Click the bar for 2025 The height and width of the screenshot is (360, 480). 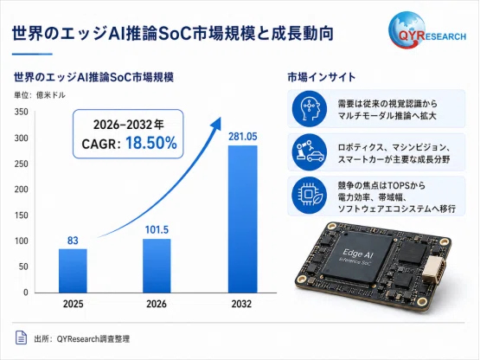(73, 271)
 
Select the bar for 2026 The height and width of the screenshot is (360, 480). (157, 266)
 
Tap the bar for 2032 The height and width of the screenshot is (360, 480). (243, 219)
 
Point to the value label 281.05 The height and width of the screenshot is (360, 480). (243, 137)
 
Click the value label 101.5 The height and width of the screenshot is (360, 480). (157, 230)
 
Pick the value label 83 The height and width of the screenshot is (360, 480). (73, 241)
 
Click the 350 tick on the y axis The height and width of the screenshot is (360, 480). (21, 112)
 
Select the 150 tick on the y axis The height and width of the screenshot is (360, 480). (21, 215)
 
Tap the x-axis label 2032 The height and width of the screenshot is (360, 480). (241, 304)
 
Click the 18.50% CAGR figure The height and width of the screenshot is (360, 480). (151, 143)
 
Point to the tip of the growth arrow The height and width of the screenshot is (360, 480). (221, 118)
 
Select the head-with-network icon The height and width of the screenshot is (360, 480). (310, 109)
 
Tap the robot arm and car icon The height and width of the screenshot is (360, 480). (310, 152)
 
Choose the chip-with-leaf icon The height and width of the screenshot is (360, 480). (310, 196)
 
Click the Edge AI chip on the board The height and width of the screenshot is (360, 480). (357, 258)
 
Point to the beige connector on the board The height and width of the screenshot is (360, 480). (434, 270)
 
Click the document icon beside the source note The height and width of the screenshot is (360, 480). (21, 337)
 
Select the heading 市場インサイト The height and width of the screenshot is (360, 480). (322, 77)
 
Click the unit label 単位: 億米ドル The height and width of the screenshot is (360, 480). (40, 95)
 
